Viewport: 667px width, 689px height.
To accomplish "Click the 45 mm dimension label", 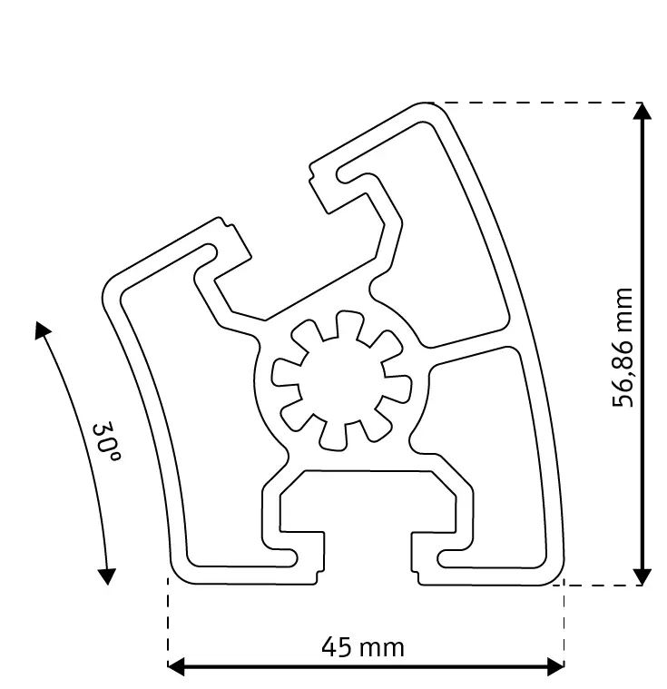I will pyautogui.click(x=363, y=647).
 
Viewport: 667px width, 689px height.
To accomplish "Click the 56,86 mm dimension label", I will pyautogui.click(x=623, y=347).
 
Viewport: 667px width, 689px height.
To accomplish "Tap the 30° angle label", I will pyautogui.click(x=106, y=441).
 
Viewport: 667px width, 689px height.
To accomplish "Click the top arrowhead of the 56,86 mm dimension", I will pyautogui.click(x=642, y=112).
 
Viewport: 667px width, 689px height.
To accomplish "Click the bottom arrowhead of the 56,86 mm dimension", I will pyautogui.click(x=642, y=576).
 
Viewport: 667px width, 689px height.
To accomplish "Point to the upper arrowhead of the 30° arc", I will pyautogui.click(x=41, y=330).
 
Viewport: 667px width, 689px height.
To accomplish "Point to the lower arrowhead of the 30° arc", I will pyautogui.click(x=107, y=576).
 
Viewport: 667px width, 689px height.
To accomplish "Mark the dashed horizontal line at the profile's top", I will pyautogui.click(x=535, y=103).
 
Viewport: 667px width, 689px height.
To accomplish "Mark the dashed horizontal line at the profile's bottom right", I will pyautogui.click(x=603, y=586).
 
